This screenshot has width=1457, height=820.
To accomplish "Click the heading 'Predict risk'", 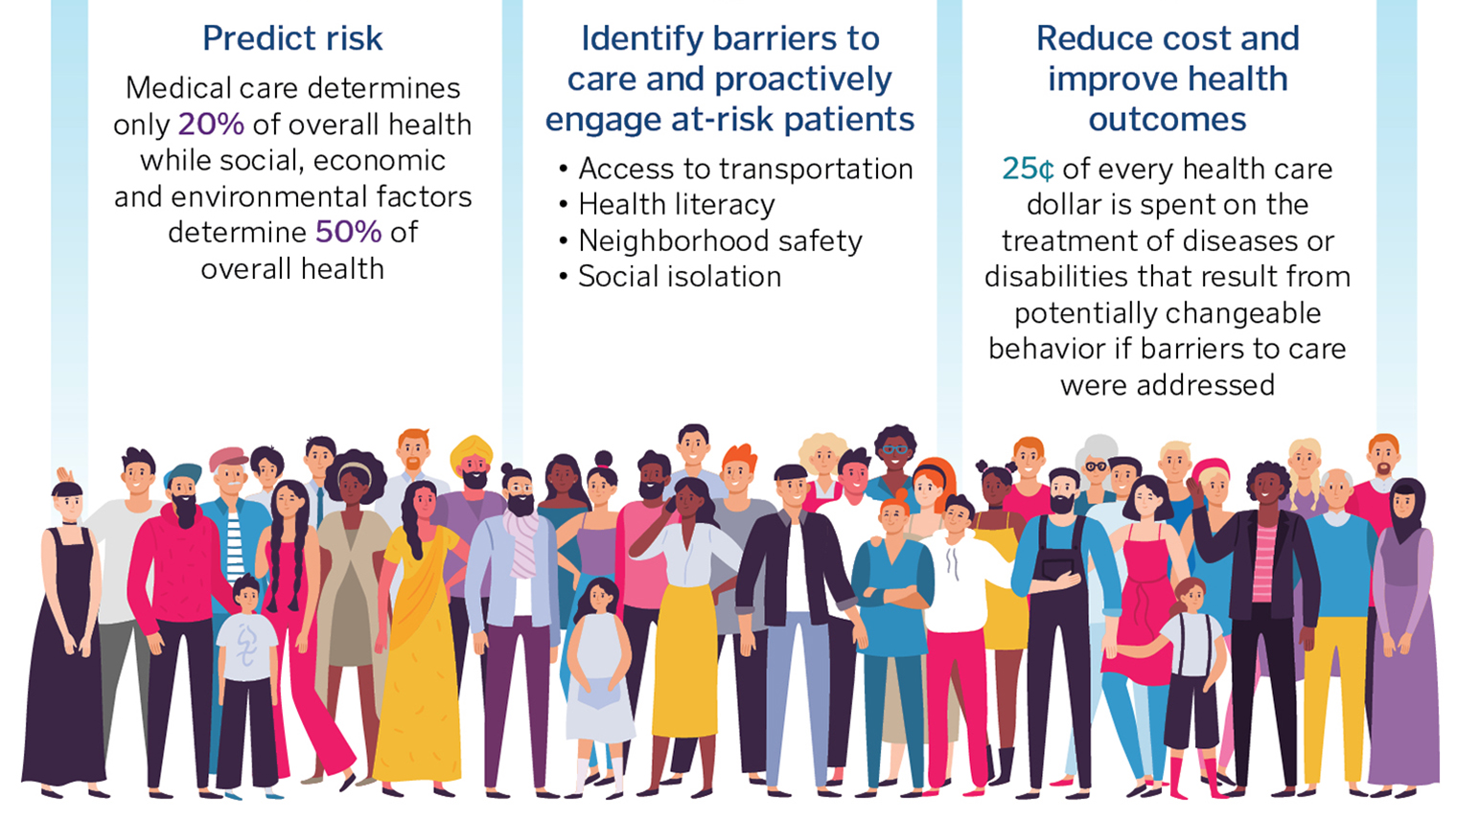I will coord(292,38).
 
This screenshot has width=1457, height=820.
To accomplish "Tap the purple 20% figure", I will coord(211,125).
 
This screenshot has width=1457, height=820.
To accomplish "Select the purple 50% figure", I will coord(348,232).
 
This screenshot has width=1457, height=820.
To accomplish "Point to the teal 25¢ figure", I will coord(1028,170).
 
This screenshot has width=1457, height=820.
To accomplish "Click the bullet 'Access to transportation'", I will coord(745,170).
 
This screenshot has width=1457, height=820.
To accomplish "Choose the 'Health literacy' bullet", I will coord(676,205).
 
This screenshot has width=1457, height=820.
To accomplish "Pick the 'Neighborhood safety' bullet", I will coord(720,241).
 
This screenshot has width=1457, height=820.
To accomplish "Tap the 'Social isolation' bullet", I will coord(679,277).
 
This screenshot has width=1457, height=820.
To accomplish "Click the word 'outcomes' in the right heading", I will coord(1167,120).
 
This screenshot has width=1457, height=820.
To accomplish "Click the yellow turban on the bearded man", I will coord(472,449).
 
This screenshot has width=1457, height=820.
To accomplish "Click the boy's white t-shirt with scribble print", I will coord(246,647).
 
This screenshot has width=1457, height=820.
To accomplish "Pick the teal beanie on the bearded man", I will coord(182,472).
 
